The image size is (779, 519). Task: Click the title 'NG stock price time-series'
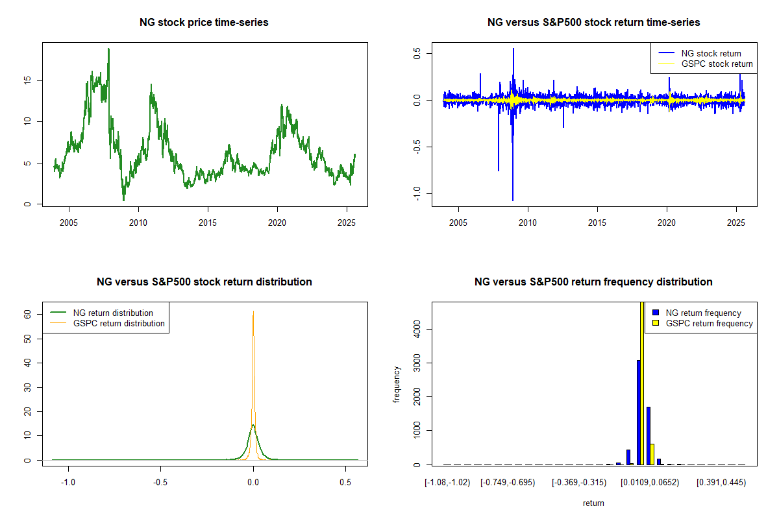(204, 23)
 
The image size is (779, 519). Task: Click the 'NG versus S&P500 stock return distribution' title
(204, 282)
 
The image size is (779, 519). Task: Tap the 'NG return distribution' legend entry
(114, 313)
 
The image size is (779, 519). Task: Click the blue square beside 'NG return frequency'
(656, 313)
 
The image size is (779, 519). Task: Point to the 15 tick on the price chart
(27, 80)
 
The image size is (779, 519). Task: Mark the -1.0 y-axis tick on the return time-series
(416, 193)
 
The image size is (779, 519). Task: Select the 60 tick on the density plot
(27, 313)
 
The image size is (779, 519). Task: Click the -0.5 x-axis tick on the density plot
(160, 483)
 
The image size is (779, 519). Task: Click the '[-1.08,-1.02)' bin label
(447, 483)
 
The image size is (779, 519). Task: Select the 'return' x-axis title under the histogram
(593, 503)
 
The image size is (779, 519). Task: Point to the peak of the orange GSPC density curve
(253, 312)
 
